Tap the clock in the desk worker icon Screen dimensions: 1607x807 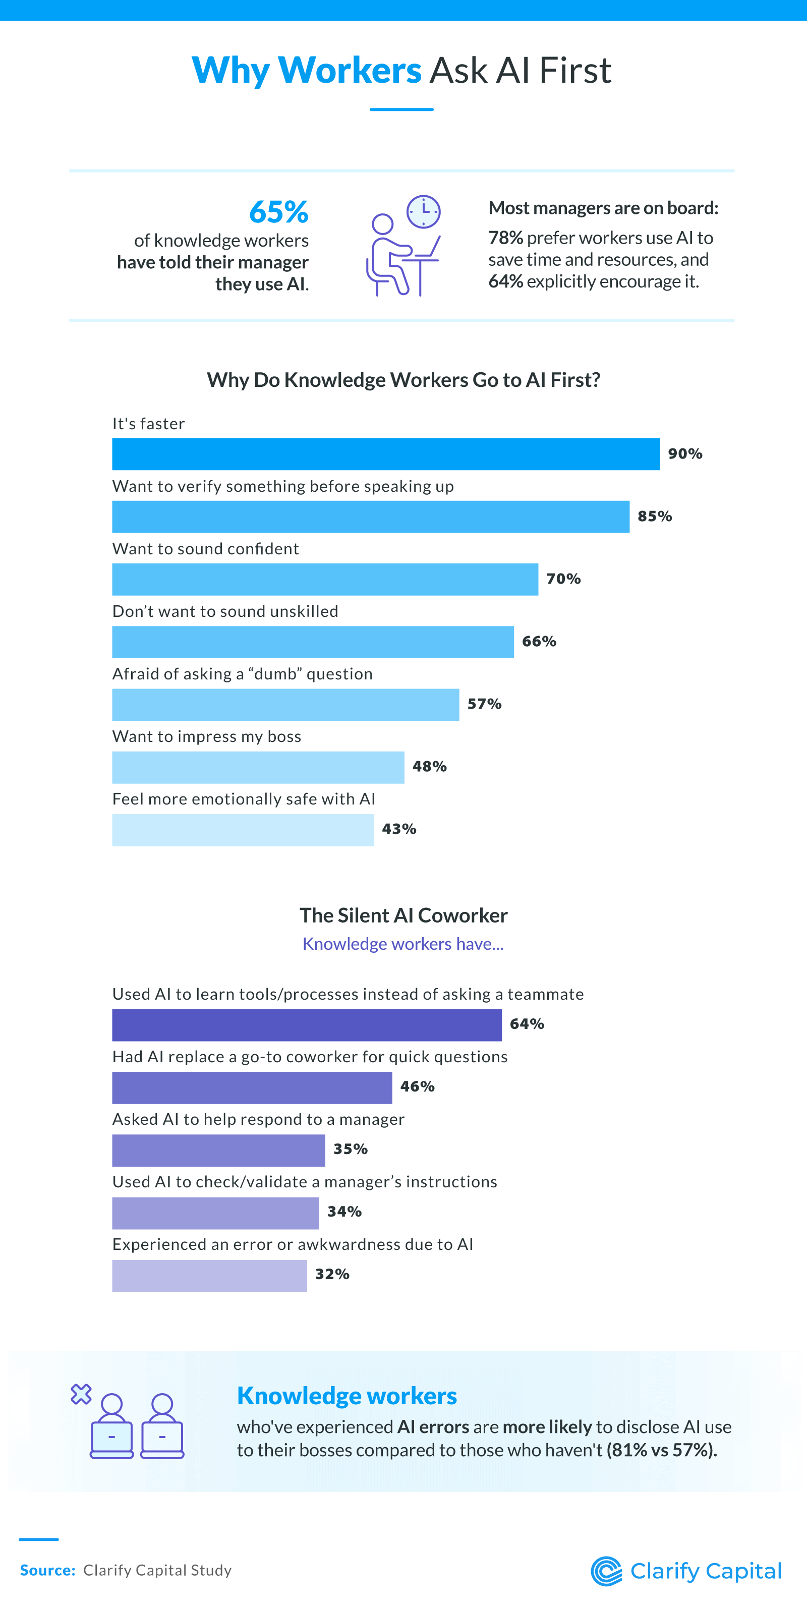coord(424,211)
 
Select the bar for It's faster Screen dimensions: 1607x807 coord(385,454)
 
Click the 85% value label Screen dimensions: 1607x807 coord(654,516)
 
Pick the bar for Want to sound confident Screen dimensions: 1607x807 coord(325,580)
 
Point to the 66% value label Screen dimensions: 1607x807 coord(539,641)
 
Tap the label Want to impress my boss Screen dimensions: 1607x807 coord(206,737)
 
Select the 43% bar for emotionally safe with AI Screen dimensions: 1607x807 coord(243,830)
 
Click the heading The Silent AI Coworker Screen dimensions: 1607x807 coord(403,915)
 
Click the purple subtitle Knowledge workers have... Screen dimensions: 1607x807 coord(403,944)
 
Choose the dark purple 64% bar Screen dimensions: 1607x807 coord(306,1025)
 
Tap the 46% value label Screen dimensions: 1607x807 coord(417,1087)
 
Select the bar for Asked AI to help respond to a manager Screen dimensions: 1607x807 coord(218,1151)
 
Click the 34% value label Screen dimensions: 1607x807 coord(344,1212)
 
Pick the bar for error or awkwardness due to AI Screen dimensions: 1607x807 coord(209,1276)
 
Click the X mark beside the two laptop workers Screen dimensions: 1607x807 coord(81,1394)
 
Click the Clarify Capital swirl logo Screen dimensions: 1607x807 coord(606,1572)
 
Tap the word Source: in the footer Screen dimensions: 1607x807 coord(47,1570)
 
